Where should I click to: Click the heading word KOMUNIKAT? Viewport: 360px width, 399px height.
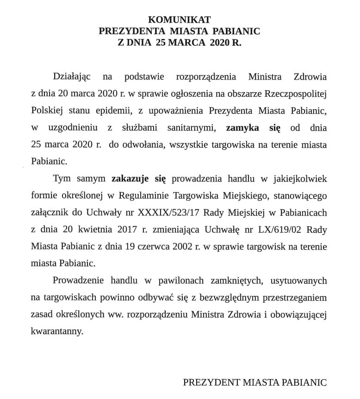(180, 20)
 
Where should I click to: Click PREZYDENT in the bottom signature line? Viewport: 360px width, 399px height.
(211, 382)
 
